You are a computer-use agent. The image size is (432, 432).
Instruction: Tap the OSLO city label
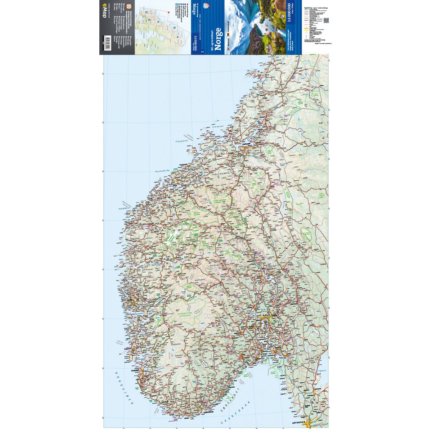pos(265,316)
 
